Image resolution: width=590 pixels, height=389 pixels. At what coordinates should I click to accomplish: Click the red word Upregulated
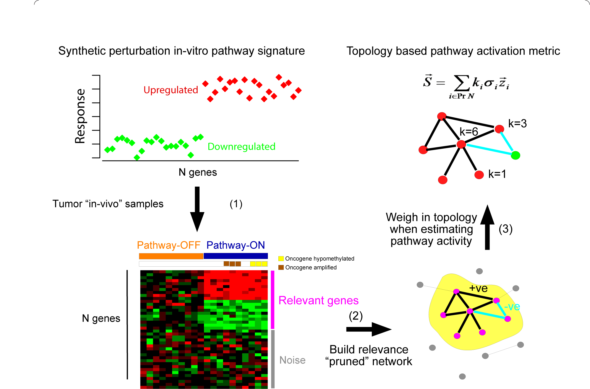click(x=171, y=90)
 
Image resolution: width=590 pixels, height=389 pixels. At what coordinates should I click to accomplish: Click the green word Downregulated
click(x=241, y=146)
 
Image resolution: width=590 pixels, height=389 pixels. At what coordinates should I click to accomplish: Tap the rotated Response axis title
click(x=80, y=116)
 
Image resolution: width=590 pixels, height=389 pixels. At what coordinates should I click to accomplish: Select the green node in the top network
click(x=515, y=155)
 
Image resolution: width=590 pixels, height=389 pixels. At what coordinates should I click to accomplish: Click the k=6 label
click(x=469, y=132)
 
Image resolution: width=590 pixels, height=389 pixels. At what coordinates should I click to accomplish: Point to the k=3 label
click(x=517, y=123)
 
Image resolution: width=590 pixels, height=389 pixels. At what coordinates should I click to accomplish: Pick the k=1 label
click(x=497, y=174)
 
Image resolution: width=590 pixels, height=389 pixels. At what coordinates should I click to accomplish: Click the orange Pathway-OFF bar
click(x=171, y=256)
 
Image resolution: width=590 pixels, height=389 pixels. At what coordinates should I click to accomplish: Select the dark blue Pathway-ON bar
click(x=236, y=256)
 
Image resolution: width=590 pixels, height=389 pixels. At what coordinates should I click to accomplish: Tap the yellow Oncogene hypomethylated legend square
click(x=281, y=259)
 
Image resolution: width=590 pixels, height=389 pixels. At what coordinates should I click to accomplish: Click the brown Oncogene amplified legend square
click(x=281, y=267)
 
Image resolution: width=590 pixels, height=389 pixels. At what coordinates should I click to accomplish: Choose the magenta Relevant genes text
click(x=318, y=300)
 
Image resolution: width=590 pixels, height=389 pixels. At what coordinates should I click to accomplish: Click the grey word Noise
click(x=292, y=360)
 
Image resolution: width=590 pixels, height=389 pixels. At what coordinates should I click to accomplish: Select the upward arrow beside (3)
click(x=487, y=227)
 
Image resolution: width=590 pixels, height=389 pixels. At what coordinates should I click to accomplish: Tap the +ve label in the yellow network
click(x=478, y=288)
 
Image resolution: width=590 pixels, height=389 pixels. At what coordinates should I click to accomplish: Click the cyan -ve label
click(x=512, y=306)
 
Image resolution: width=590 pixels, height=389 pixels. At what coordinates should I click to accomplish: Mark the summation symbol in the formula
click(x=462, y=83)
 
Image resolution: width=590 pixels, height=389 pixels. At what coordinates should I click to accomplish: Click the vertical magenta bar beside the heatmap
click(x=273, y=300)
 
